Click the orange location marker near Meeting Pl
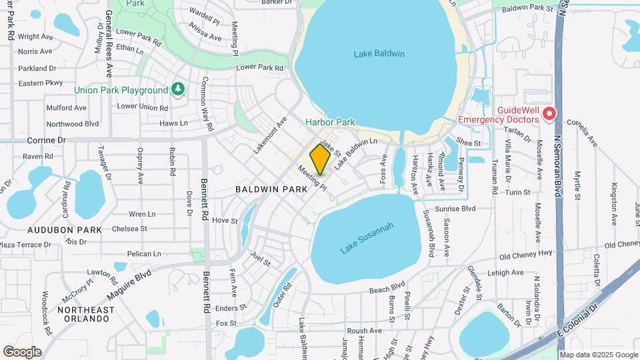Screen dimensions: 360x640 point(320,159)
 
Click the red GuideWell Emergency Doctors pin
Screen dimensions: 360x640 point(549,114)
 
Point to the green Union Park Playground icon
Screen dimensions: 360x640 point(177,89)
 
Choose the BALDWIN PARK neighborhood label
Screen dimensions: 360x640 point(271,189)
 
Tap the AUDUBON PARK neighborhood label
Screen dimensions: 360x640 point(65,229)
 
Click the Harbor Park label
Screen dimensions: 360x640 point(330,122)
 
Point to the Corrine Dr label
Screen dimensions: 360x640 point(47,141)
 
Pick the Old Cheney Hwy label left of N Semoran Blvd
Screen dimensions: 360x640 point(526,255)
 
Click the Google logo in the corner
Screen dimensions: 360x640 point(22,351)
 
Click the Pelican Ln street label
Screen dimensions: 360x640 point(144,254)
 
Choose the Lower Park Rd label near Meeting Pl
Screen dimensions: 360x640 point(260,67)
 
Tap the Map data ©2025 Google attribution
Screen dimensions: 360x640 point(598,355)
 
